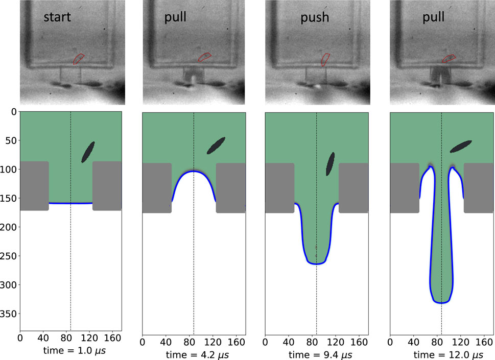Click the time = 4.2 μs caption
[194, 355]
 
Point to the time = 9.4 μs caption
[317, 355]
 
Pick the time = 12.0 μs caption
[441, 355]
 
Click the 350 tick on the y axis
[9, 313]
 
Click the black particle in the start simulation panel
[88, 152]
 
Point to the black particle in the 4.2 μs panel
[216, 145]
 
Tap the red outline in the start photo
[78, 59]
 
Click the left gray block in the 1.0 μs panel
[34, 186]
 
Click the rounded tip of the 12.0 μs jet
[441, 301]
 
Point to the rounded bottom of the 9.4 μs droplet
[317, 262]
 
